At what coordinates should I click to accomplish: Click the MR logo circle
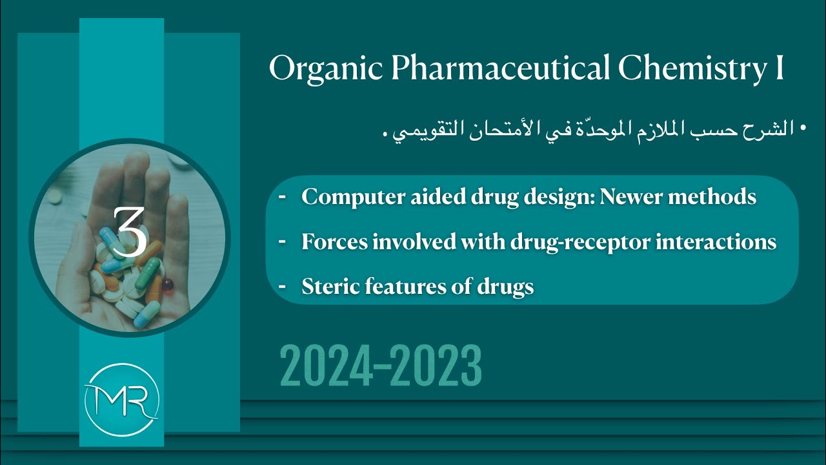click(121, 401)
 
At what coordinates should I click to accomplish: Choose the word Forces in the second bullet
click(330, 242)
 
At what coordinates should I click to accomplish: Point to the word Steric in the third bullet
click(327, 286)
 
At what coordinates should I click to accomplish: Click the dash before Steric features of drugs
click(283, 285)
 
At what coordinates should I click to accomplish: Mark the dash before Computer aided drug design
click(283, 196)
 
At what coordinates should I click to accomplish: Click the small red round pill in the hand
click(167, 285)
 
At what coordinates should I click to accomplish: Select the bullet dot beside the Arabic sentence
click(803, 129)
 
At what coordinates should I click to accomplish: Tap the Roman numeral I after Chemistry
click(779, 68)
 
